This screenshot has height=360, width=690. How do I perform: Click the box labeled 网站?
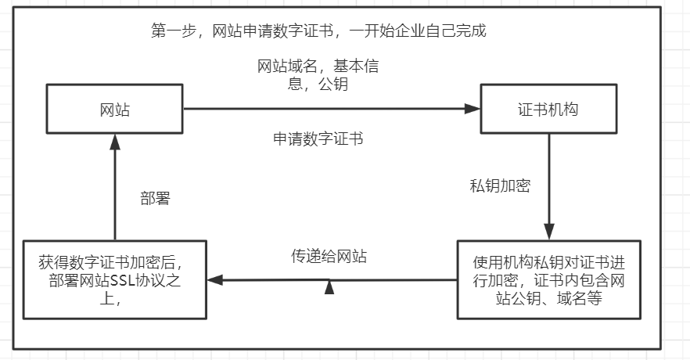pos(115,110)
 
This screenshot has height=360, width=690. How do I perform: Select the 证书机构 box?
pos(548,110)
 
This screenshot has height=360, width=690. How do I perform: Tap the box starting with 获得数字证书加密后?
pos(115,279)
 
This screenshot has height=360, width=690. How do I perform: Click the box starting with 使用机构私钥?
pos(548,279)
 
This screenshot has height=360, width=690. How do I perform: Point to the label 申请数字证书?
pos(318,139)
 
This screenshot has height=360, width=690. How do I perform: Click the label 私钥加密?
pos(500,186)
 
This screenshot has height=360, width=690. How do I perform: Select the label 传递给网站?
pos(329,256)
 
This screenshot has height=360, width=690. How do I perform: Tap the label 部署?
pos(155,199)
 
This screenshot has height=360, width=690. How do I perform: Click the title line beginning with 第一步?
pos(318,31)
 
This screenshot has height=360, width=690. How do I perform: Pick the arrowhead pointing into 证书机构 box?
pos(472,110)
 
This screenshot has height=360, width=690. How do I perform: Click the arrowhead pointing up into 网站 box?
pos(115,141)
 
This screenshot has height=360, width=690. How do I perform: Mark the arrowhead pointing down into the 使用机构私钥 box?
pos(548,232)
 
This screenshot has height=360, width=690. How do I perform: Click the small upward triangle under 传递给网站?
pos(329,287)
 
